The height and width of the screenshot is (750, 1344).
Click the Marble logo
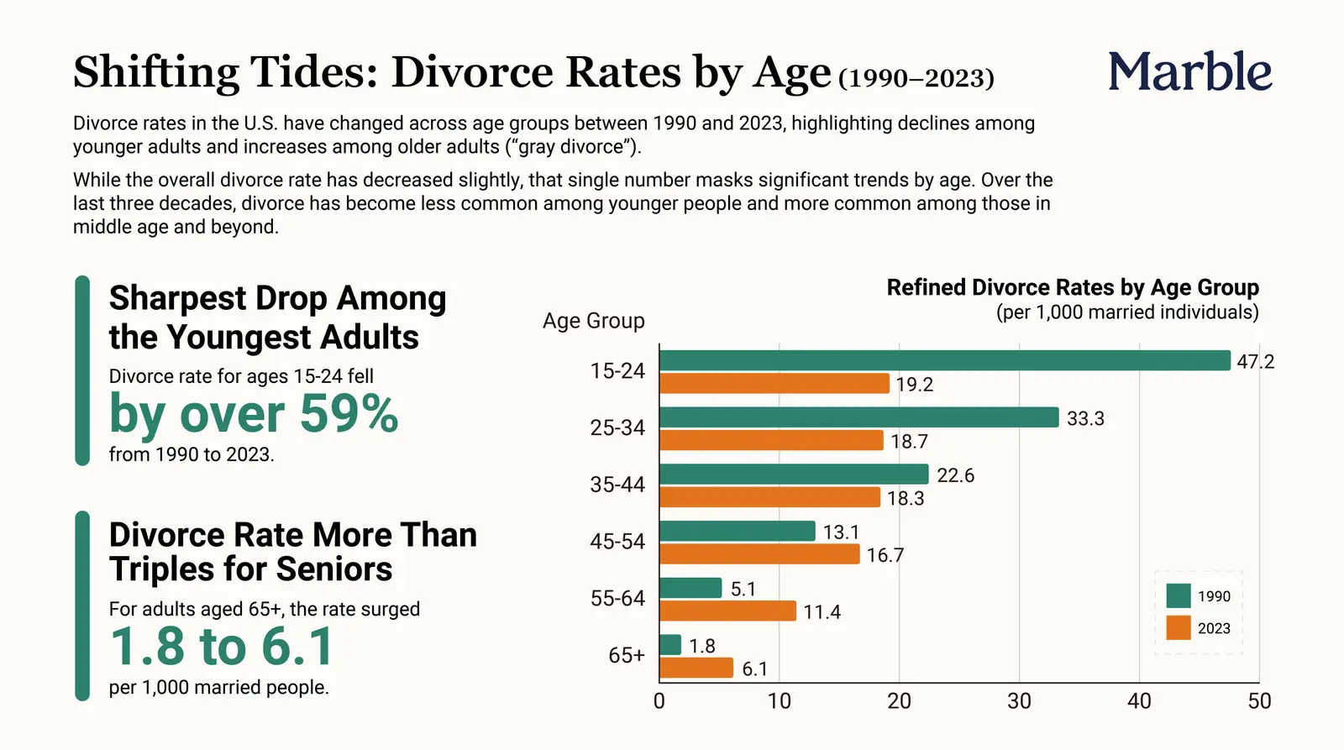click(1189, 71)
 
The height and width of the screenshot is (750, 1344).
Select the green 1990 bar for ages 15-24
click(945, 360)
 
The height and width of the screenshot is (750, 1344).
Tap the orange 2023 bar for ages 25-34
click(772, 440)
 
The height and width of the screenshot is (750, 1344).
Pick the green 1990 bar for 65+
click(670, 645)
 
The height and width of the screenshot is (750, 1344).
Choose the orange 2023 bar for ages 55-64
click(727, 611)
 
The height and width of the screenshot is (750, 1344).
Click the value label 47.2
click(1255, 362)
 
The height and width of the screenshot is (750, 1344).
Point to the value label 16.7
click(885, 556)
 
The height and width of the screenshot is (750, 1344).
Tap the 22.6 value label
click(956, 476)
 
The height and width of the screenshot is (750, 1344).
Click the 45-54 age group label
click(617, 542)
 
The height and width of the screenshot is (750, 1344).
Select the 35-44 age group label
click(617, 485)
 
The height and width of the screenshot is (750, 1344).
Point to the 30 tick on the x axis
click(1019, 700)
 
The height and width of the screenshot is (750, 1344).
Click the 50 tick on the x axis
click(1259, 700)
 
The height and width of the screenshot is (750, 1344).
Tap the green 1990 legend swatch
click(1179, 595)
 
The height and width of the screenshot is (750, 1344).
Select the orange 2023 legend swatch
click(1179, 628)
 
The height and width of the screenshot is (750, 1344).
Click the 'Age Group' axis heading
click(593, 322)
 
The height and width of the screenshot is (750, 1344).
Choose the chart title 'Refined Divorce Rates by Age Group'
click(1073, 288)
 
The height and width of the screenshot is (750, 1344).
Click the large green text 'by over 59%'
click(253, 414)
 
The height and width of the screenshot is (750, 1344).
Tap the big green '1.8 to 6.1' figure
click(222, 646)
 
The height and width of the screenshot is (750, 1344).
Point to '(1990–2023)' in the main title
click(916, 79)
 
